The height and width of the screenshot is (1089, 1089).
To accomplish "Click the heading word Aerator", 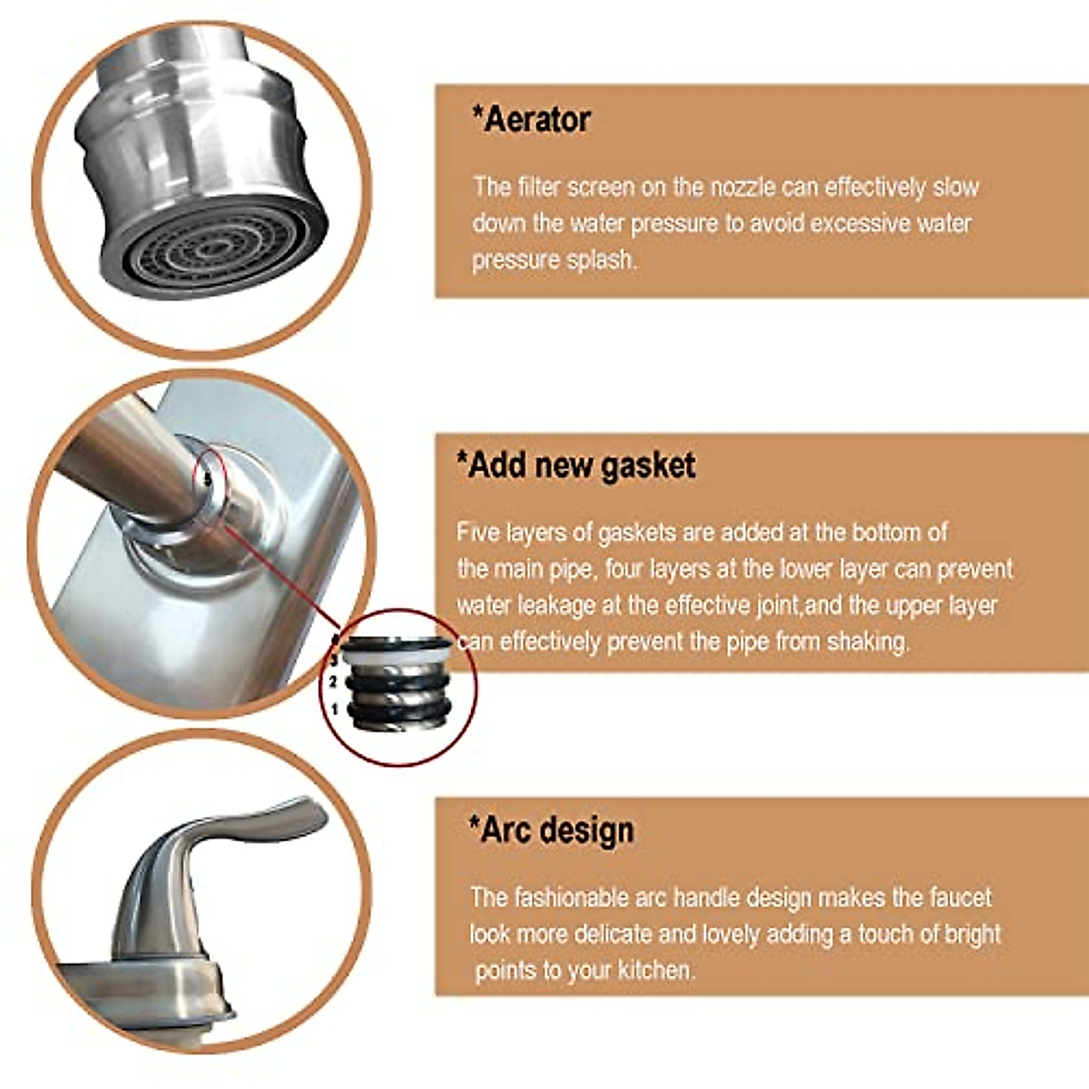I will pyautogui.click(x=536, y=119).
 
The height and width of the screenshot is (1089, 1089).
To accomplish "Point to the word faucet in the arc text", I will pyautogui.click(x=960, y=898).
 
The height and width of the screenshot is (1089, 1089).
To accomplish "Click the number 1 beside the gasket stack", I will pyautogui.click(x=335, y=709).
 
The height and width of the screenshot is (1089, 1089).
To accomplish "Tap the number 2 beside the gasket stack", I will pyautogui.click(x=334, y=682).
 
